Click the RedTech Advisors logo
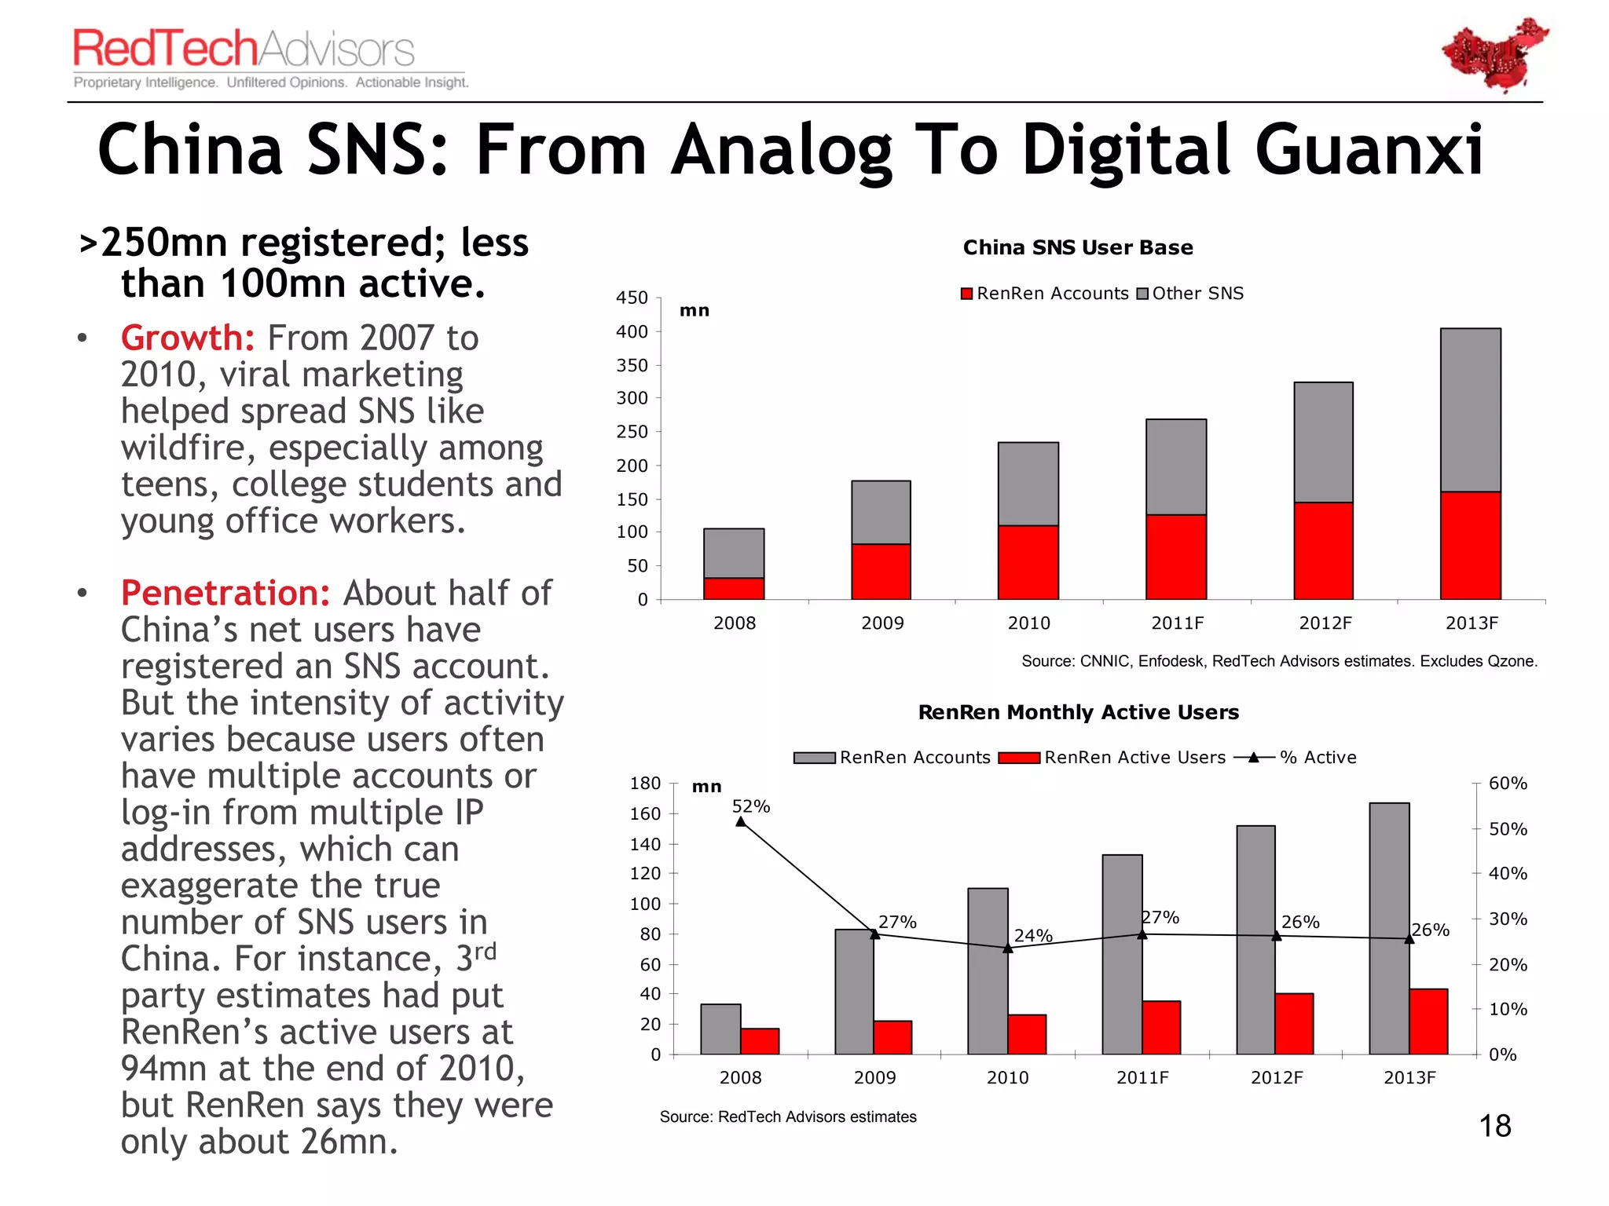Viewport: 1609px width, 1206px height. [x=244, y=49]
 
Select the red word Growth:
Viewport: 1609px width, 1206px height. [x=187, y=338]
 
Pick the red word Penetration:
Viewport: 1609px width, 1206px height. [x=225, y=593]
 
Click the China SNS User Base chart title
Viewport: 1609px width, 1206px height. [x=1078, y=247]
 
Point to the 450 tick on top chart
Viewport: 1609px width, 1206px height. [x=632, y=298]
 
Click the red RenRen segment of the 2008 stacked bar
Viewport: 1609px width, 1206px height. [x=734, y=588]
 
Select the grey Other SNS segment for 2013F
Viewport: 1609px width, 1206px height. [x=1470, y=409]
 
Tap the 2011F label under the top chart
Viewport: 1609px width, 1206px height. [x=1177, y=623]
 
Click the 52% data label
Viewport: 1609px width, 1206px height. [x=750, y=806]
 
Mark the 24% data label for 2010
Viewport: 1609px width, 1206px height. [x=1032, y=935]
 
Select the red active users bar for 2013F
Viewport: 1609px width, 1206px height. [x=1428, y=1021]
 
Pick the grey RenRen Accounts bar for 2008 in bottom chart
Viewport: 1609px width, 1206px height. [x=720, y=1029]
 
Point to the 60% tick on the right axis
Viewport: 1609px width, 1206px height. [x=1507, y=784]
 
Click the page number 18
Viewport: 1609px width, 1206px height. [x=1494, y=1126]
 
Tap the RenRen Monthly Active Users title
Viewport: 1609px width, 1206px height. [x=1078, y=712]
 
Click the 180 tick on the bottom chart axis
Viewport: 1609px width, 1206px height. [x=645, y=784]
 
